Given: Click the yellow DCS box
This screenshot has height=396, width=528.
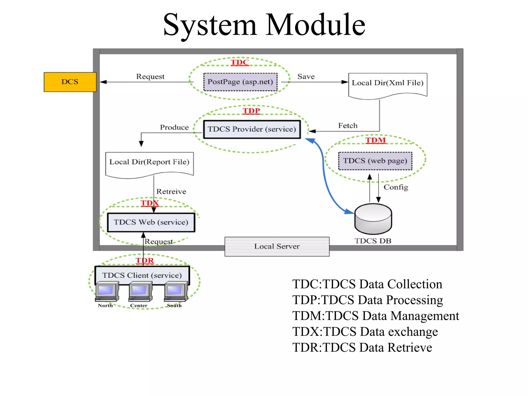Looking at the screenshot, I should tap(70, 82).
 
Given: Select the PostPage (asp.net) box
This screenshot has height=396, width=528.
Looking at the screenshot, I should tap(240, 82).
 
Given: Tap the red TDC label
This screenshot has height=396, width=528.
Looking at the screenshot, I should tap(240, 62).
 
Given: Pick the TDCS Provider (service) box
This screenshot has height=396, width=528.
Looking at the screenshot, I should tap(252, 129).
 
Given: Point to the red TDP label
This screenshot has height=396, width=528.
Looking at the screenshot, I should tap(251, 111).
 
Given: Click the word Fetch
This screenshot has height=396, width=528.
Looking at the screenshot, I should tap(348, 126).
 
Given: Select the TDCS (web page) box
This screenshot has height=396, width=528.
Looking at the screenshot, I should tap(375, 161).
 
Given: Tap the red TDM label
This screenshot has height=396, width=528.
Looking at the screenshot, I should tap(376, 140).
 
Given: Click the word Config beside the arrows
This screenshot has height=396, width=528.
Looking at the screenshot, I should tap(396, 187).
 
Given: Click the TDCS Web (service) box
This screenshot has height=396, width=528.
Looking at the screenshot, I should tap(151, 222).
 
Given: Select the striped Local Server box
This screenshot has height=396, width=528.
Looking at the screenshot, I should tap(277, 246).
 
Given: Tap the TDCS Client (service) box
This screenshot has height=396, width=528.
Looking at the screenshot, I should tap(142, 275).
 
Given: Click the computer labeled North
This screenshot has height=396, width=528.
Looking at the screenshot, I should tap(107, 292).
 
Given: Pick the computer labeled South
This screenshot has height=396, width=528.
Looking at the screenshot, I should tap(176, 292).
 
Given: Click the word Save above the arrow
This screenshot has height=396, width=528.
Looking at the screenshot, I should tap(306, 77).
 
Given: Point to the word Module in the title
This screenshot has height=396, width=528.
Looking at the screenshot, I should tap(315, 25).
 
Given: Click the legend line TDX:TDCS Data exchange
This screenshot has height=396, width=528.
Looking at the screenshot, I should tap(365, 332).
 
